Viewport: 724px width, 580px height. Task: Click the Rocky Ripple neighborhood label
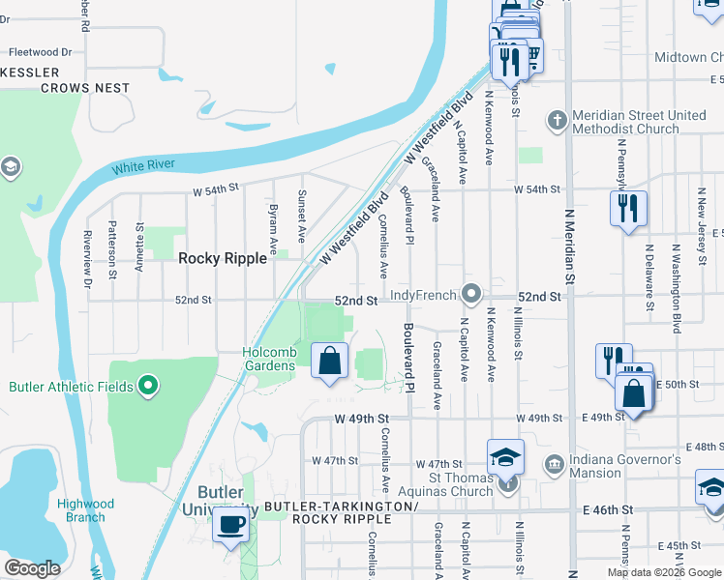[x=222, y=258]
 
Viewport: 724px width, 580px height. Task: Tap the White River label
[x=143, y=166]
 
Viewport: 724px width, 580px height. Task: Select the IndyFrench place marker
[x=472, y=292]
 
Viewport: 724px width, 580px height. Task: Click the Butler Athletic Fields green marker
[x=147, y=387]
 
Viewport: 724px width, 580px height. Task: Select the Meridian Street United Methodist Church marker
[x=557, y=121]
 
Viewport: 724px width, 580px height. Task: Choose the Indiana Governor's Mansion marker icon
[x=554, y=466]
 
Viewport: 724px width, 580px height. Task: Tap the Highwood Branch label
[x=85, y=510]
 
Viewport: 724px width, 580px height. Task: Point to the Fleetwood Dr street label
[x=42, y=52]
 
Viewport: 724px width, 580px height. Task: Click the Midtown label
[x=693, y=57]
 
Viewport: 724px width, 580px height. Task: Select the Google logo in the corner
[x=32, y=568]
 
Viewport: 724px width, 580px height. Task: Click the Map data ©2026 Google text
[x=665, y=572]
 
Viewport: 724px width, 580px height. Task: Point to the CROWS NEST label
[x=85, y=88]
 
